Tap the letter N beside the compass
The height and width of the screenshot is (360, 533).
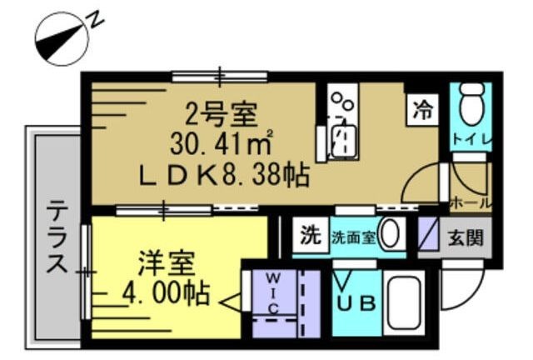coord(96,20)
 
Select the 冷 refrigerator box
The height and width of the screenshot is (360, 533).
coord(422,111)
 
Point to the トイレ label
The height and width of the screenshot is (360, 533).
coord(472,140)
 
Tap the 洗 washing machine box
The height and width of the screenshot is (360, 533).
coord(311,235)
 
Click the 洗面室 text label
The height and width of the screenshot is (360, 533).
coord(353,237)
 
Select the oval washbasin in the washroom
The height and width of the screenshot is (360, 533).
coord(390,234)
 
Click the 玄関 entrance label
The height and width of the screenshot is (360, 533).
coord(466,237)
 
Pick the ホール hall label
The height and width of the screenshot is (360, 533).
coord(471,203)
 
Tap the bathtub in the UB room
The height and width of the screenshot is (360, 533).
coord(404,302)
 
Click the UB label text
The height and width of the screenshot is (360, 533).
coord(356,303)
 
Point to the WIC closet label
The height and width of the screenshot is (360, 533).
coord(274,293)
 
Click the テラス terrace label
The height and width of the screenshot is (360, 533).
coord(57,237)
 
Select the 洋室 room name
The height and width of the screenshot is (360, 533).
coord(167,263)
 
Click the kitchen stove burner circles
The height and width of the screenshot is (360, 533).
coord(342,100)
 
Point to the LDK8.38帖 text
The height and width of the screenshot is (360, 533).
coord(225,175)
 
